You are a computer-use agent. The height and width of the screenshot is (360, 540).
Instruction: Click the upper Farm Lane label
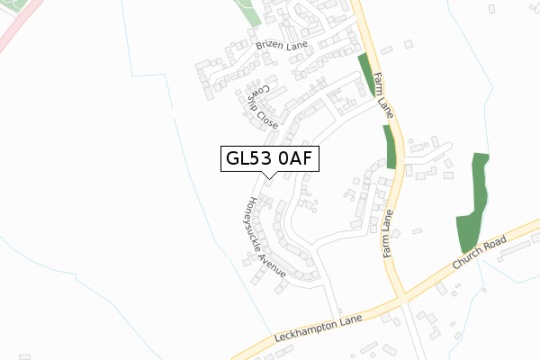[384, 96]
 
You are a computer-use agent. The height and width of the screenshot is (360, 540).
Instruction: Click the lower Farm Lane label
[389, 236]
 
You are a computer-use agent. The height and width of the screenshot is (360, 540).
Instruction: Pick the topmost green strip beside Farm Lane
[365, 75]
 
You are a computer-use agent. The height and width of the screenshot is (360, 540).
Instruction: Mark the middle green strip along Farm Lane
[390, 147]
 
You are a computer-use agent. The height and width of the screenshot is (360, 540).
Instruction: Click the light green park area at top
[245, 12]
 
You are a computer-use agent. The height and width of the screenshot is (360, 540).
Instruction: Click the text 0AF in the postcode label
[295, 159]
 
